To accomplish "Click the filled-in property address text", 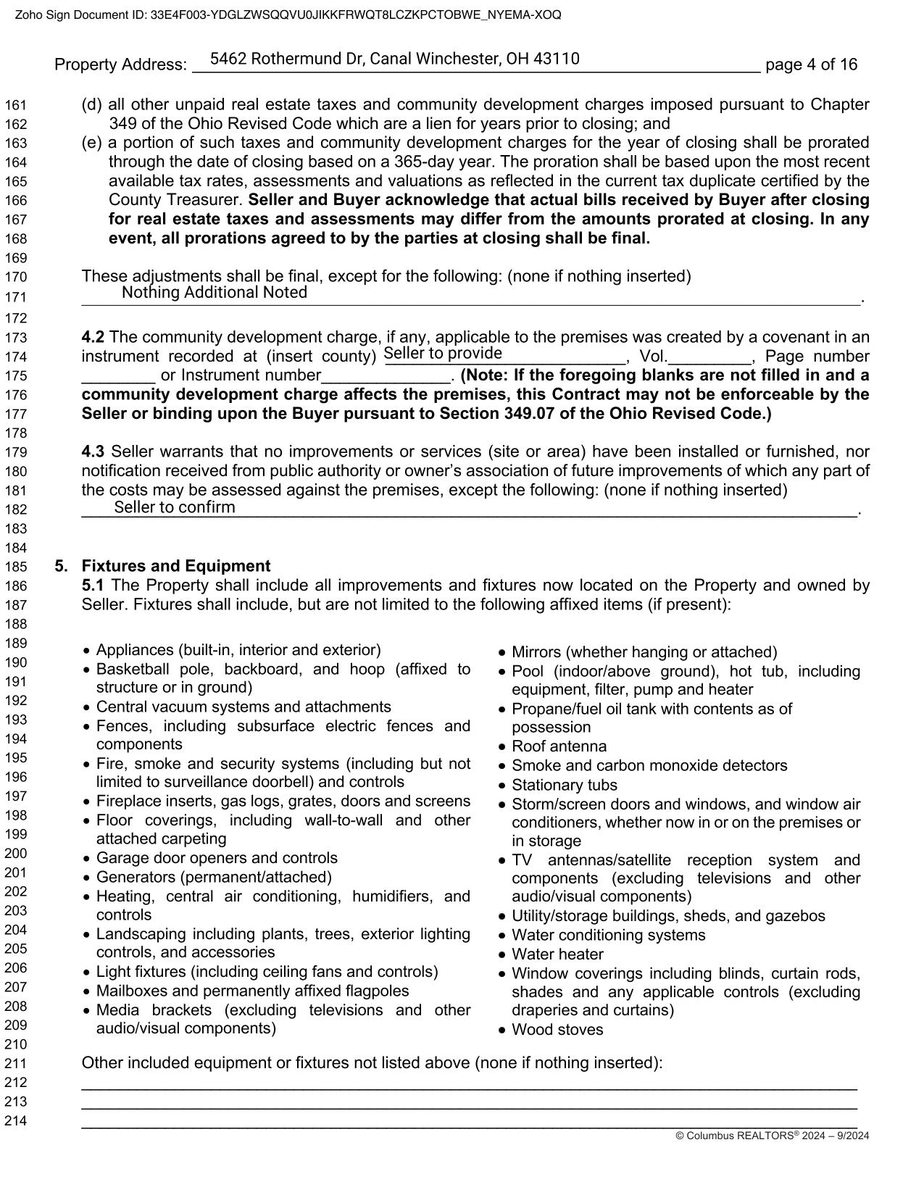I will [394, 59].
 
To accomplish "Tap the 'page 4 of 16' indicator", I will [811, 64].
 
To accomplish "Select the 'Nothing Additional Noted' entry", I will [215, 292].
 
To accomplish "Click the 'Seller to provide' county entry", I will [443, 354].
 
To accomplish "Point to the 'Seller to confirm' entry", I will [175, 507].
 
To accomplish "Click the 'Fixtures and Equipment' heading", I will [176, 566].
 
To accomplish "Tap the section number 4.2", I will [93, 337].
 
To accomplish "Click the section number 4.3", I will [93, 451].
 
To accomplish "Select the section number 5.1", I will [93, 585].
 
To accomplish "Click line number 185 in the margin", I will [16, 567].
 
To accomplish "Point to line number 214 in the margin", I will [16, 1121].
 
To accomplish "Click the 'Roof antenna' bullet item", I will [559, 746].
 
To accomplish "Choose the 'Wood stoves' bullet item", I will [557, 1030].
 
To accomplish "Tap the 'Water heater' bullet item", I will [557, 954].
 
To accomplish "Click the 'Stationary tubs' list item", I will [564, 785].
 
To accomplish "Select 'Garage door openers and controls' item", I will [217, 858].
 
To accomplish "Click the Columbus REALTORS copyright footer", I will [772, 1136].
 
